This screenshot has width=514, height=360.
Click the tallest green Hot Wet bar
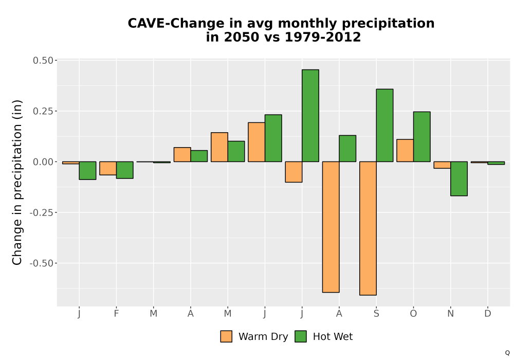[310, 115]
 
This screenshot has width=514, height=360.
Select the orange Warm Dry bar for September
[368, 228]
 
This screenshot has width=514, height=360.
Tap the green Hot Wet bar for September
[384, 125]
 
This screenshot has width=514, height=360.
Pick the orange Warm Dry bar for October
[405, 151]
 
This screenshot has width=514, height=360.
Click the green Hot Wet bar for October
[421, 137]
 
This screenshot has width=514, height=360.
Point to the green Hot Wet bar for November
[459, 178]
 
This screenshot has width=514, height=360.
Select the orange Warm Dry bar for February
[108, 168]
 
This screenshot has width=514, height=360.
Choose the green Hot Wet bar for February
[124, 170]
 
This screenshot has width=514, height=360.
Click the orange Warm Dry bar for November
[442, 165]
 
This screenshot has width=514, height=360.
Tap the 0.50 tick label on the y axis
[43, 60]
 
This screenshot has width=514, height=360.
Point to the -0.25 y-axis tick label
[41, 212]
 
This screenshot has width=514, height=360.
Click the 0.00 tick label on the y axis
[43, 161]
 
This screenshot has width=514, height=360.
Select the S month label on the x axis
[376, 314]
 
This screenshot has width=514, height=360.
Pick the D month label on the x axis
[488, 314]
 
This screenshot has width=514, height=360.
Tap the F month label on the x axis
[116, 314]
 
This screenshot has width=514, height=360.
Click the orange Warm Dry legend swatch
[226, 336]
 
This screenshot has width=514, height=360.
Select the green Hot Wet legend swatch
[301, 336]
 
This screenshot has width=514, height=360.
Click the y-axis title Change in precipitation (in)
[17, 182]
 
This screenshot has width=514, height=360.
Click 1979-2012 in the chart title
[323, 37]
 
